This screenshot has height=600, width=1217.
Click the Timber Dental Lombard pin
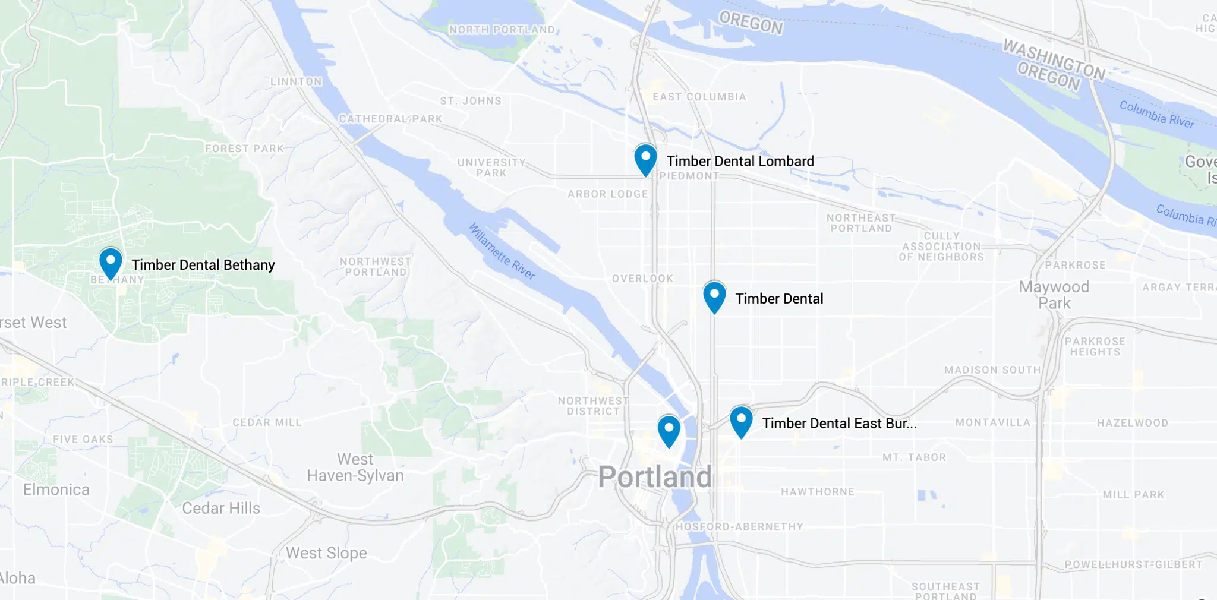coord(645,159)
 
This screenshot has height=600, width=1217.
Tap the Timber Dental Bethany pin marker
coord(111,263)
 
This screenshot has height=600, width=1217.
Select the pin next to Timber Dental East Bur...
coord(741,421)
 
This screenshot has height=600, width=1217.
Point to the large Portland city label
coord(655,477)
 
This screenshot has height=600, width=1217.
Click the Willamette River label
coord(502,251)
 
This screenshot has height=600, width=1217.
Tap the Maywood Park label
coord(1054,295)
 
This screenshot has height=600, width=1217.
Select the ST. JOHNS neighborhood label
coord(471,101)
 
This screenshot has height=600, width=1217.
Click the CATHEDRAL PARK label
coord(390,119)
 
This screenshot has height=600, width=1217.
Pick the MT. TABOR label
coord(914,457)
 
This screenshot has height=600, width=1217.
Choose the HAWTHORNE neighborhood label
coord(818,492)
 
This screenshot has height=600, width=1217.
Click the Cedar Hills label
coord(221,508)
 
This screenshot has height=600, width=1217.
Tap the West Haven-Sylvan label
coord(355,468)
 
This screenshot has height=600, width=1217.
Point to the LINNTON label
coord(296,81)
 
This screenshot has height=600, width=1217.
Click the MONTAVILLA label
coord(992,422)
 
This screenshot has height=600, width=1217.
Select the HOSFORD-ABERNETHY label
coord(739,526)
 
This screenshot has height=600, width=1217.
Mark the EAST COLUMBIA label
coord(699,97)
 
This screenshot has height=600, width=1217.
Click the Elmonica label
coord(56,490)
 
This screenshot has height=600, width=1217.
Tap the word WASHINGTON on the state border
coord(1054,59)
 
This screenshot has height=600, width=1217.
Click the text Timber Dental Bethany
coord(203,265)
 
